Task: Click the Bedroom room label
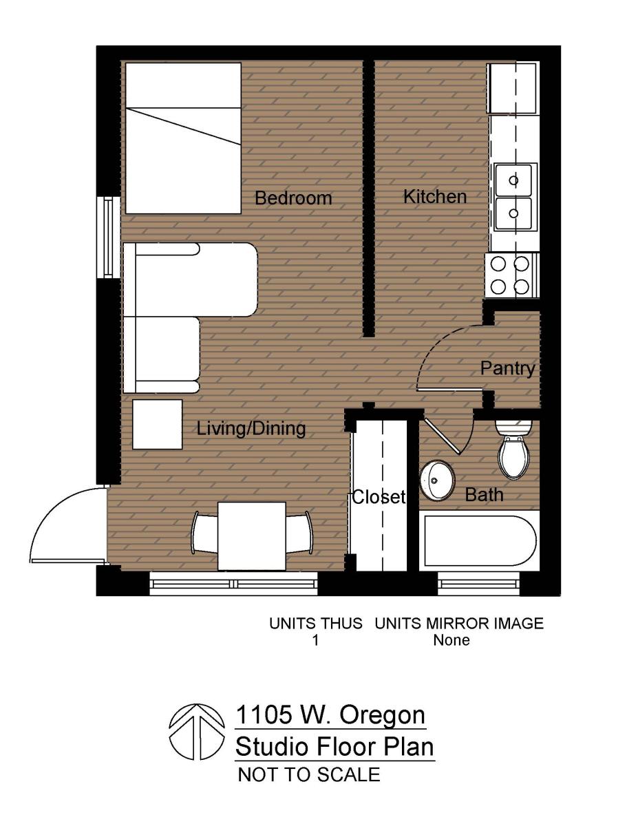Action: [x=293, y=198]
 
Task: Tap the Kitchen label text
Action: [x=434, y=196]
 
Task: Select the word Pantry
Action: [x=507, y=368]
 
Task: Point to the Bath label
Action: [x=484, y=494]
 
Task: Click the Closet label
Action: [x=379, y=497]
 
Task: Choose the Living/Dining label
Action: [x=251, y=429]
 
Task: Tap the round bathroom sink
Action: [x=437, y=480]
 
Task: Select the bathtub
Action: [x=479, y=541]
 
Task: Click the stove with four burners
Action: [x=511, y=275]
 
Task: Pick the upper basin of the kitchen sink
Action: [x=513, y=180]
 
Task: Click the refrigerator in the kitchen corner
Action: [x=512, y=88]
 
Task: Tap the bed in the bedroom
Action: [x=183, y=138]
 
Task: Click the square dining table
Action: [x=251, y=536]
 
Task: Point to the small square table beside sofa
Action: [x=157, y=424]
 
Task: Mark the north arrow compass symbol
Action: [x=198, y=732]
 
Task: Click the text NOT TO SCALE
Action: [x=308, y=774]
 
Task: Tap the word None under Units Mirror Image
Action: [x=451, y=640]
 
